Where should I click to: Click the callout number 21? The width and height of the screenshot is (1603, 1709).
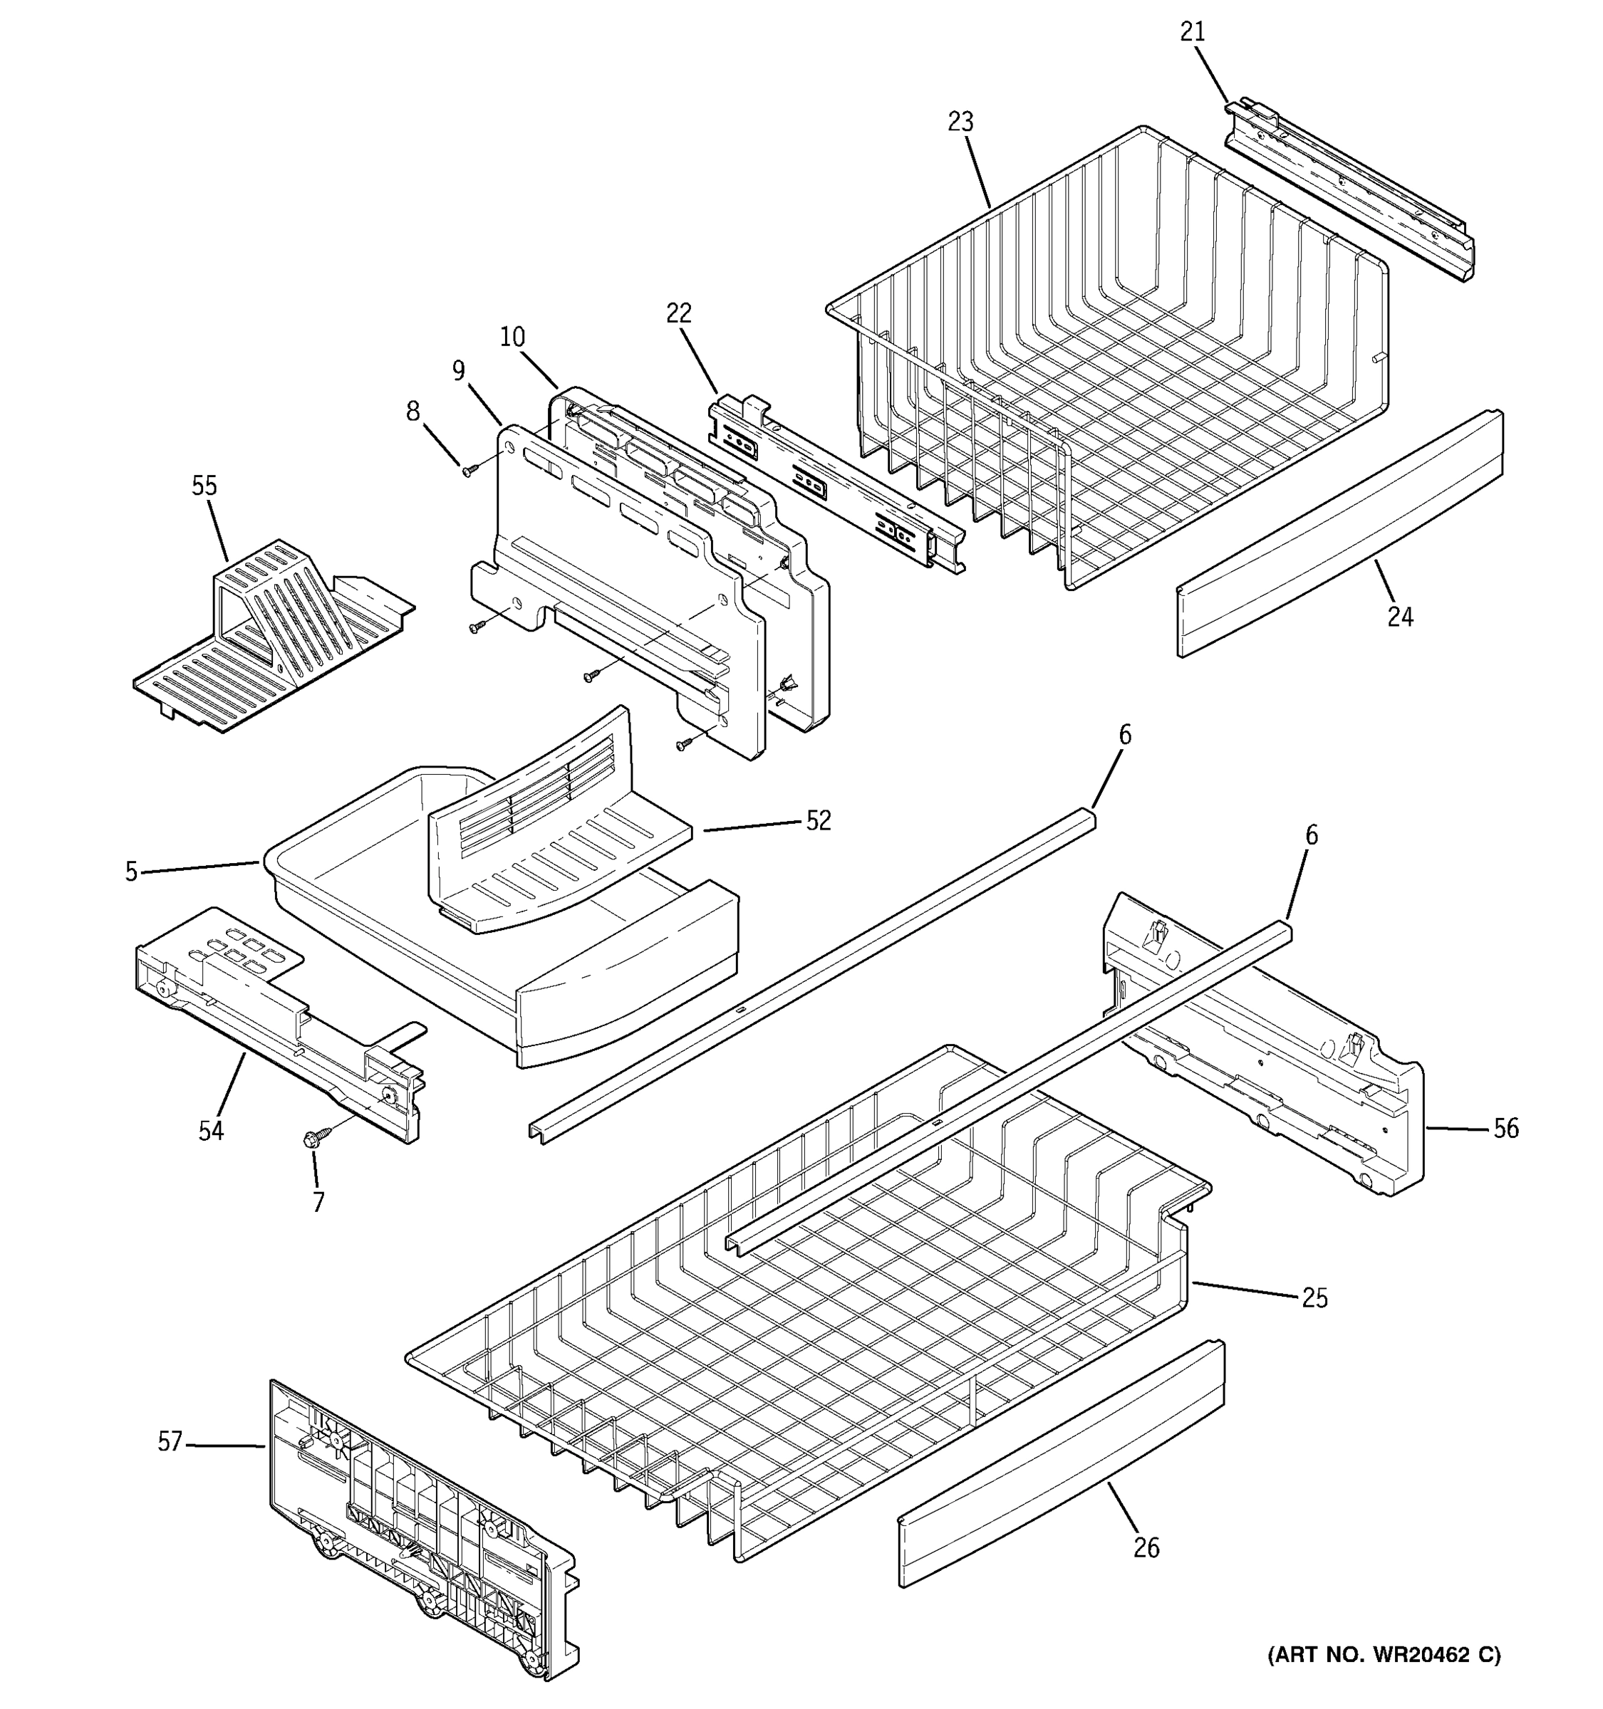[x=1192, y=32]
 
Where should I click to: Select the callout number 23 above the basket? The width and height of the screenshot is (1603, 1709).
[x=960, y=122]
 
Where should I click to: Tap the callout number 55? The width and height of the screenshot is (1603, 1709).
[x=204, y=486]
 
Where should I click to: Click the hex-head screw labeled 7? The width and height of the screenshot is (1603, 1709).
[x=311, y=1140]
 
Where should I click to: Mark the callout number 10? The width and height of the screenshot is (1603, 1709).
[x=512, y=337]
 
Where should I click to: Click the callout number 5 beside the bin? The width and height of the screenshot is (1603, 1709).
[x=130, y=872]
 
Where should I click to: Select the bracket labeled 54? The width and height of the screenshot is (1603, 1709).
[x=275, y=1015]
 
